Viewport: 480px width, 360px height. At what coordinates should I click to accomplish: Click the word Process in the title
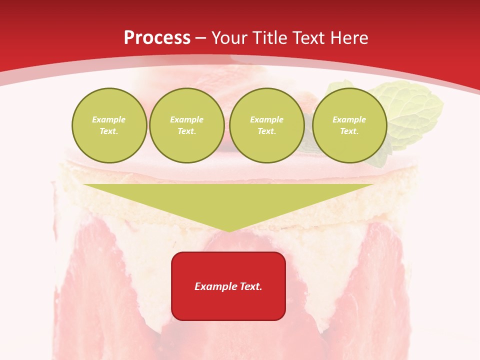[x=157, y=38]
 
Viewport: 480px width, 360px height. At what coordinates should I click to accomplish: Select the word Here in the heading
[x=349, y=38]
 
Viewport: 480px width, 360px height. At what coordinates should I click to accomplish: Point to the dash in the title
[x=201, y=38]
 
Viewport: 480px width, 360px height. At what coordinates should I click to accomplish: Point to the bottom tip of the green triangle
[x=228, y=231]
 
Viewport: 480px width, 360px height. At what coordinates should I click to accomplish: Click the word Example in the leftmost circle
[x=109, y=119]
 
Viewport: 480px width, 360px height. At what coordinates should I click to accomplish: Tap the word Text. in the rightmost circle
[x=349, y=131]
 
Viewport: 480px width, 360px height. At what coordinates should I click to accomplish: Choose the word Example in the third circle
[x=266, y=119]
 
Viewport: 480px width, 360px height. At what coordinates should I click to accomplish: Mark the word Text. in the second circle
[x=186, y=131]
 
